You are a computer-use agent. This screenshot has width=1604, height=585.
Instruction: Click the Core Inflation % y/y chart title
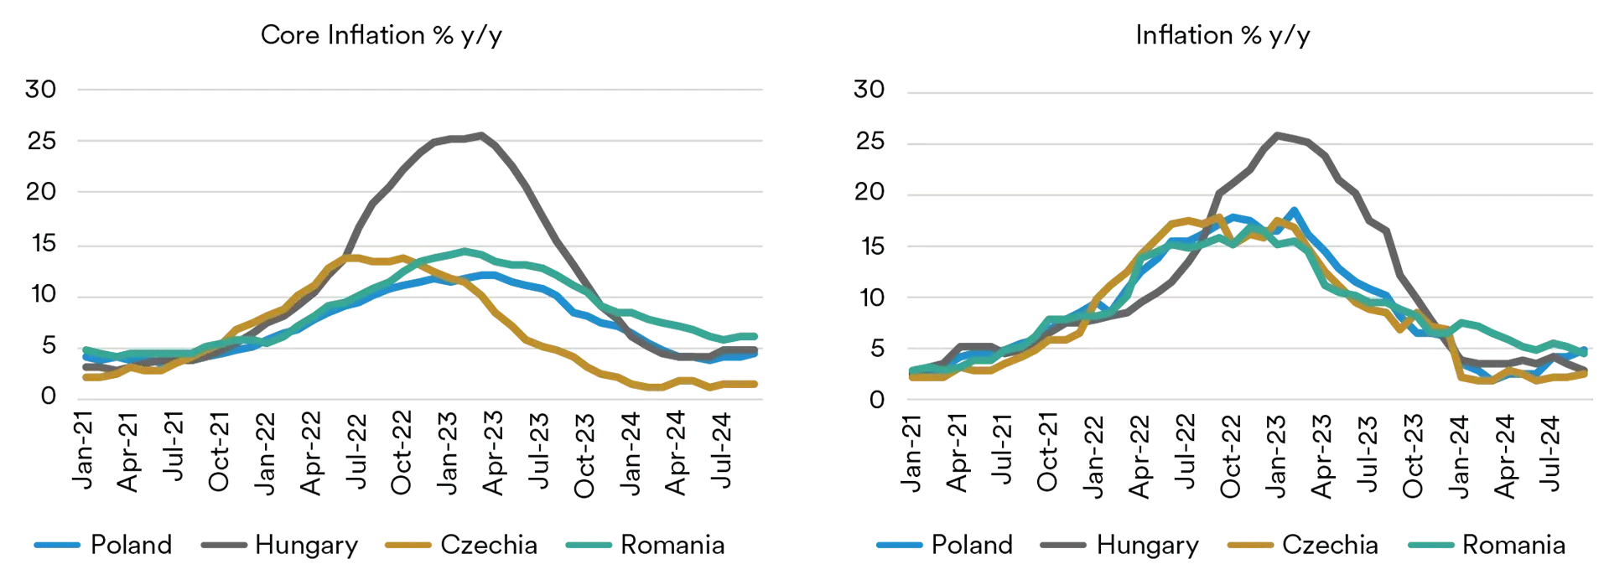click(382, 35)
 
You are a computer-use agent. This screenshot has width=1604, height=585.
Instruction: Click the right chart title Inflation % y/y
click(1222, 35)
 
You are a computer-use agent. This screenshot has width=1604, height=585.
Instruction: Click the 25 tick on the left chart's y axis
click(41, 141)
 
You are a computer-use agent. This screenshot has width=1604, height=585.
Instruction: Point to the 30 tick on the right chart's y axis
click(869, 90)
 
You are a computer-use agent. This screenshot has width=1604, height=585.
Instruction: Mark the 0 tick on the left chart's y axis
click(49, 396)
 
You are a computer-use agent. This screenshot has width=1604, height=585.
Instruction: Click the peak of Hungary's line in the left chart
click(480, 135)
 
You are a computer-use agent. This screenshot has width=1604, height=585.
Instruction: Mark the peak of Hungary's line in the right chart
click(1277, 135)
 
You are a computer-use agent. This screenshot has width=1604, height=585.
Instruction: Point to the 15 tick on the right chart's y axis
click(869, 246)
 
